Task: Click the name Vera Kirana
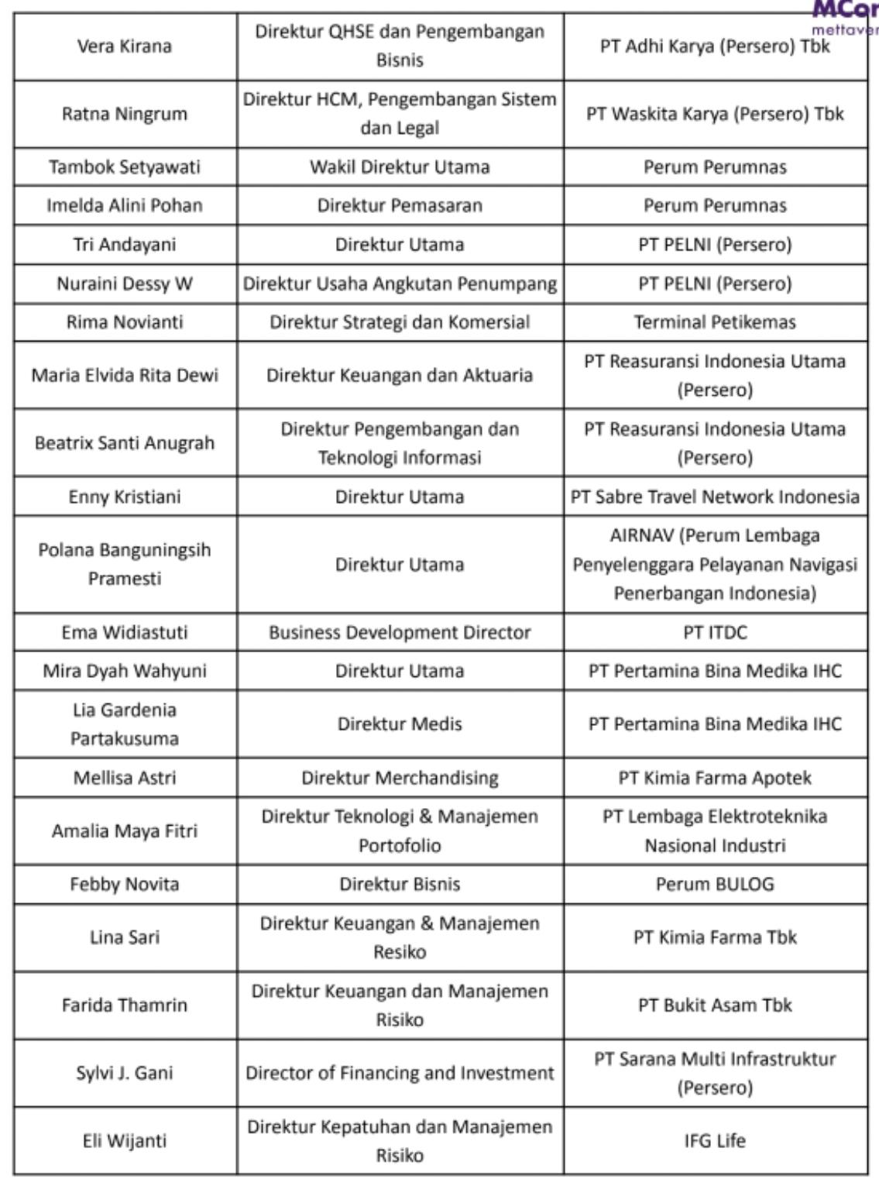point(125,46)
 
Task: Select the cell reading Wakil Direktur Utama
point(400,167)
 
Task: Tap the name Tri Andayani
point(125,245)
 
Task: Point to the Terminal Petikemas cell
point(715,322)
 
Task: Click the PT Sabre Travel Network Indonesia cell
point(715,497)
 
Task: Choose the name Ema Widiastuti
point(125,632)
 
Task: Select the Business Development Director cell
point(400,632)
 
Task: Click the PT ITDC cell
point(715,632)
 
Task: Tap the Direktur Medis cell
point(400,724)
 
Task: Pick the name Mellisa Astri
point(125,778)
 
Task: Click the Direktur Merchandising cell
point(400,778)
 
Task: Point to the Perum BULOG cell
point(715,884)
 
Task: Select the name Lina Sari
point(125,937)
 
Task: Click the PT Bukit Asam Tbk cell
point(715,1005)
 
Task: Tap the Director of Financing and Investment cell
point(400,1073)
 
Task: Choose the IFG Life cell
point(715,1140)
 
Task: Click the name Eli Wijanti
point(125,1140)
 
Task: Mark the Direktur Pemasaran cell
point(400,206)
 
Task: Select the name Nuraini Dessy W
point(125,284)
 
